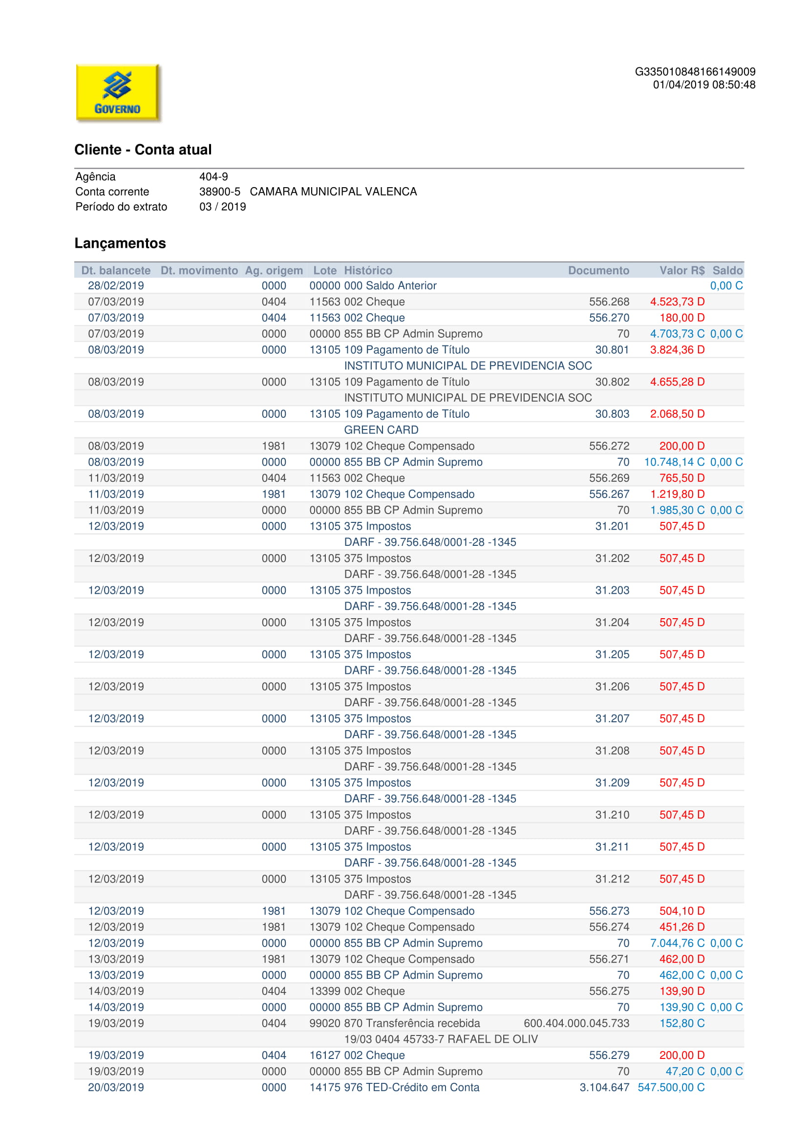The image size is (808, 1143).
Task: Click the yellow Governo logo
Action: tap(117, 92)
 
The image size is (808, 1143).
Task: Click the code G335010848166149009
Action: tap(695, 72)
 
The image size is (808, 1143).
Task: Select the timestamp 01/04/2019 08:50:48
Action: tap(703, 85)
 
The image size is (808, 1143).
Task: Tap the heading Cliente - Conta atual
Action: tap(143, 150)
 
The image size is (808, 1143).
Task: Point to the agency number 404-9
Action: tap(213, 177)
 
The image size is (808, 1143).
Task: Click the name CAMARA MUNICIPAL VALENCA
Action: tap(333, 192)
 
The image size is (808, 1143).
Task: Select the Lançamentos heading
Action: tap(120, 243)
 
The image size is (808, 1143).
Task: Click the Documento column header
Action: tap(598, 270)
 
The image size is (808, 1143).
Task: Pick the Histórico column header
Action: tap(368, 270)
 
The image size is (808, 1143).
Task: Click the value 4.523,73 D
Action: tap(677, 302)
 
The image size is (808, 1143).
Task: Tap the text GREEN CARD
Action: tap(381, 430)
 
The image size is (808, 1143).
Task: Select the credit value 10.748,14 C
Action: tap(674, 462)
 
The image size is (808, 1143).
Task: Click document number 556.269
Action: tap(609, 478)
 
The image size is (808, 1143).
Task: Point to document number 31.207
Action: tap(612, 718)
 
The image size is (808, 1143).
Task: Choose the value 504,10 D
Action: tap(681, 911)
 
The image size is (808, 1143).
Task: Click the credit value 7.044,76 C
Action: tap(677, 943)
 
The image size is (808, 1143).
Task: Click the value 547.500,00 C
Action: tap(671, 1087)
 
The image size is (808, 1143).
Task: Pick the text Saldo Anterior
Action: tap(401, 286)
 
